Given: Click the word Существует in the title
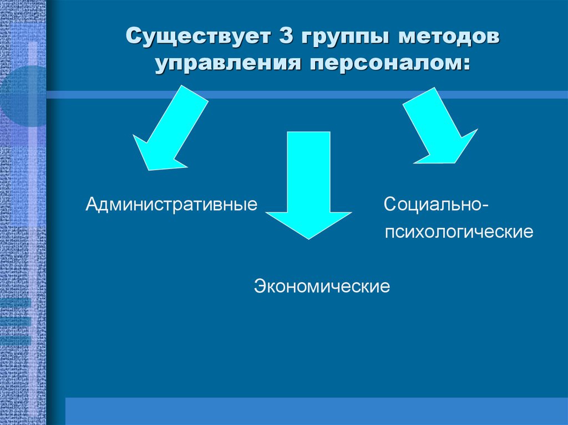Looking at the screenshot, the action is [x=199, y=36].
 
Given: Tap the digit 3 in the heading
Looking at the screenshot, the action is [x=286, y=35].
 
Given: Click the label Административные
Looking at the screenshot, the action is [x=172, y=204].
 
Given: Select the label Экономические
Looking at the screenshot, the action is [x=322, y=286].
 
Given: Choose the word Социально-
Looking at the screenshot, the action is [x=436, y=204].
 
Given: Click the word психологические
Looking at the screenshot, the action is [x=459, y=232].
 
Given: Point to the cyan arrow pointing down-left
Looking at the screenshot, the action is [x=170, y=128].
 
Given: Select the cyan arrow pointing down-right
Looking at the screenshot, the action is [x=440, y=126].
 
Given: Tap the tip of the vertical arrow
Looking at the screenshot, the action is [x=308, y=239].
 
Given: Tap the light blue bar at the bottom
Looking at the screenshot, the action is [x=317, y=411].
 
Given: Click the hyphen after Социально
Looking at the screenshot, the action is [x=485, y=206].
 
